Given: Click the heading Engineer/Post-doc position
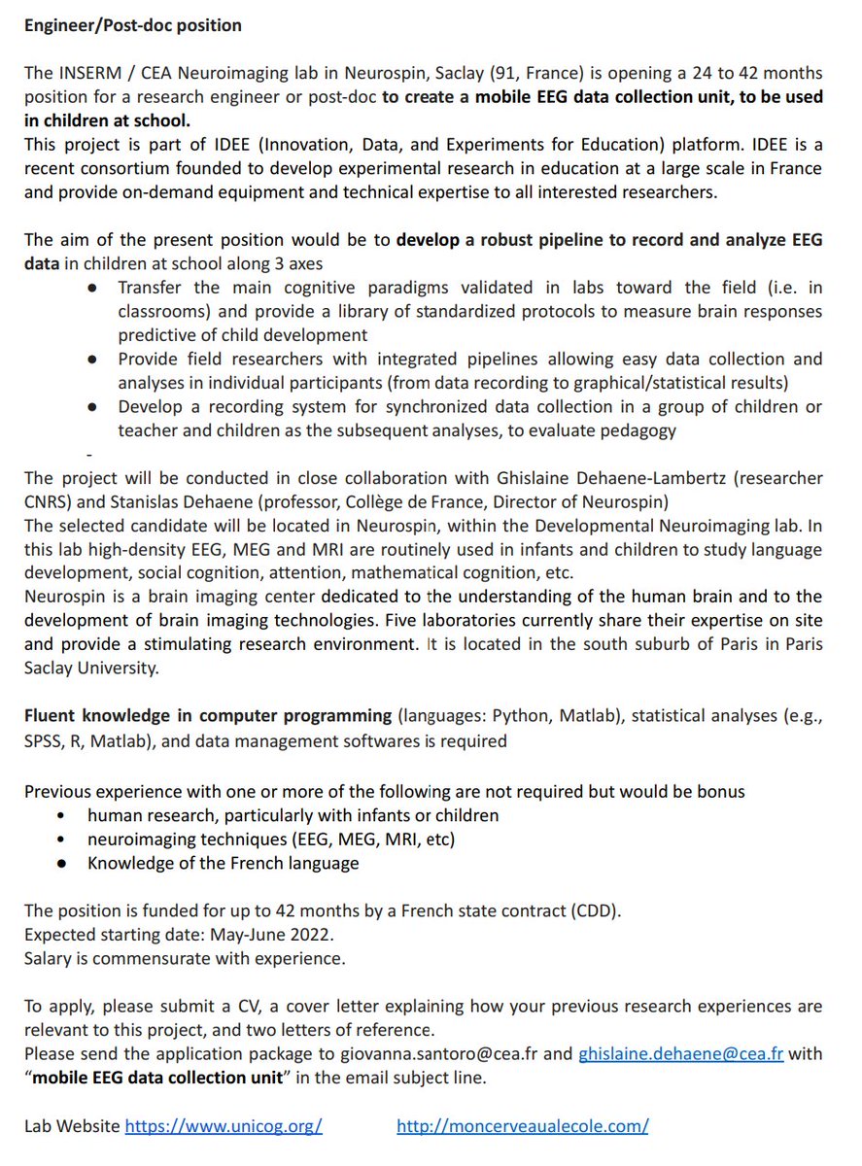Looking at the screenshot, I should coord(133,25).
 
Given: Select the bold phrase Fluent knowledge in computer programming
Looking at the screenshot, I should coord(208,716).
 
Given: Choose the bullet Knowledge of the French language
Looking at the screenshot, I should coord(223,863).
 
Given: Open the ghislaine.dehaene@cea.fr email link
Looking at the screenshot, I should coord(680,1053).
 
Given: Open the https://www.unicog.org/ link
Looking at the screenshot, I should coord(224,1125).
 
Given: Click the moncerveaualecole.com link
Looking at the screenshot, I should coord(522,1125).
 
